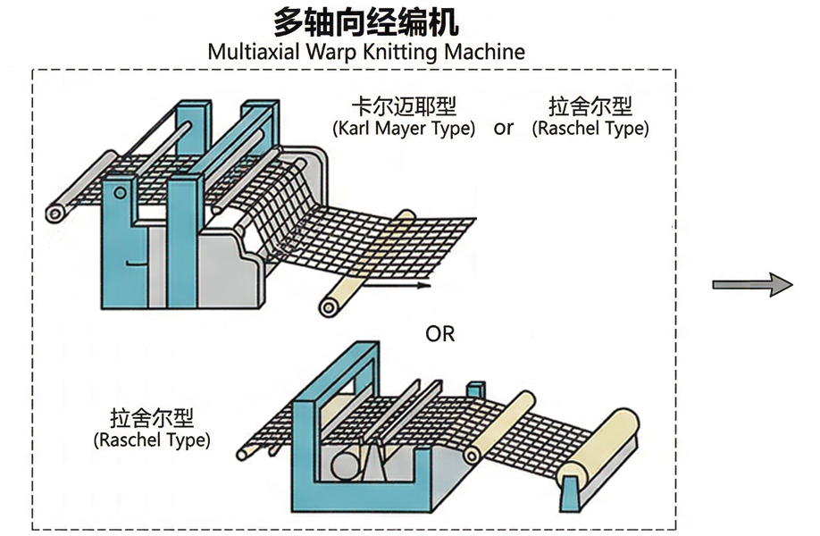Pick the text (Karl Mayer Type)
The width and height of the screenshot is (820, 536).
pos(403,128)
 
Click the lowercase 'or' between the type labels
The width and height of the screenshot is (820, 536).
pos(504,128)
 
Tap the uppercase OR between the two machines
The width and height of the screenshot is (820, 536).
pos(440,334)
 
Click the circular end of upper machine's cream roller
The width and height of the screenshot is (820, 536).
pos(331,307)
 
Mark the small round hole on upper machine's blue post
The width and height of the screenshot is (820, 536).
pos(119,193)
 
